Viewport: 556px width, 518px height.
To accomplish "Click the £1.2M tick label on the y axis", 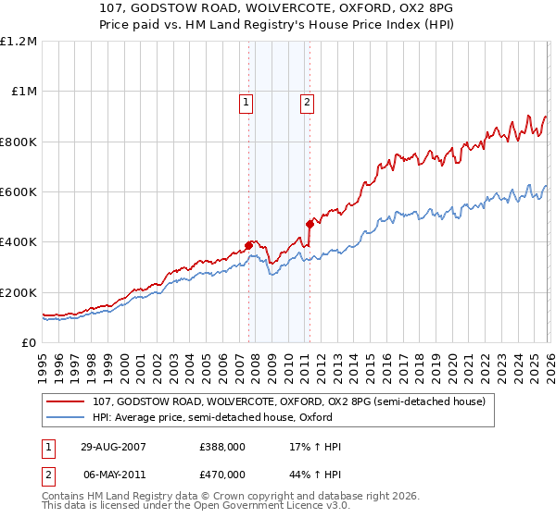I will pyautogui.click(x=19, y=42).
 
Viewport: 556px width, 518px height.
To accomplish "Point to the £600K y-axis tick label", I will pyautogui.click(x=19, y=192).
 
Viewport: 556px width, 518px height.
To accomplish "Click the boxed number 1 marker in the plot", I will pyautogui.click(x=246, y=103).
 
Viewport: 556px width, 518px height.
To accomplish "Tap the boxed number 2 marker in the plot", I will pyautogui.click(x=306, y=103).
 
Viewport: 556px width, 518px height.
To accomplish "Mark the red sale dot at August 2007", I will pyautogui.click(x=248, y=245).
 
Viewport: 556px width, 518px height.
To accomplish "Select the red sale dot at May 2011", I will pyautogui.click(x=309, y=224).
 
